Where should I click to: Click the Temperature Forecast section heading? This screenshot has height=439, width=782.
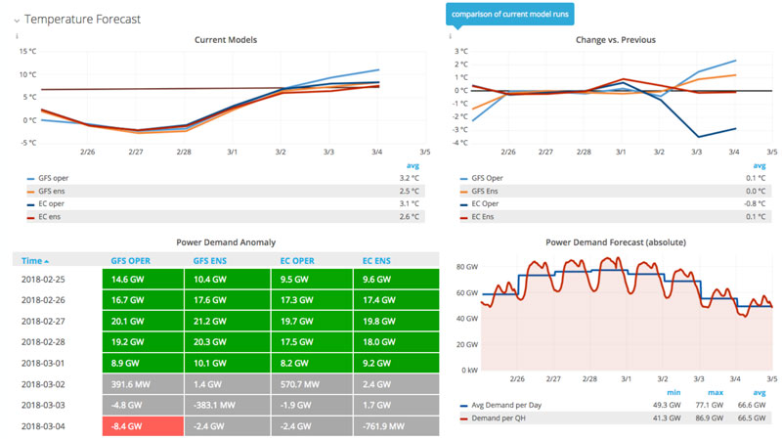(82, 19)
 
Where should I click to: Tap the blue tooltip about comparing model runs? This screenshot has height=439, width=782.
(510, 14)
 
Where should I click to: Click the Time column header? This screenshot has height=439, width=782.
(34, 261)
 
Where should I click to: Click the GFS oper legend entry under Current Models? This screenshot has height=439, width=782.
(57, 179)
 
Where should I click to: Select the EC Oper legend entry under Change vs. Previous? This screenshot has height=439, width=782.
(493, 203)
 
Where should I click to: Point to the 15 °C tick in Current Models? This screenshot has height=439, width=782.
(26, 51)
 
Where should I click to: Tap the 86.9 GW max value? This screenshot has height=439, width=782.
(711, 417)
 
